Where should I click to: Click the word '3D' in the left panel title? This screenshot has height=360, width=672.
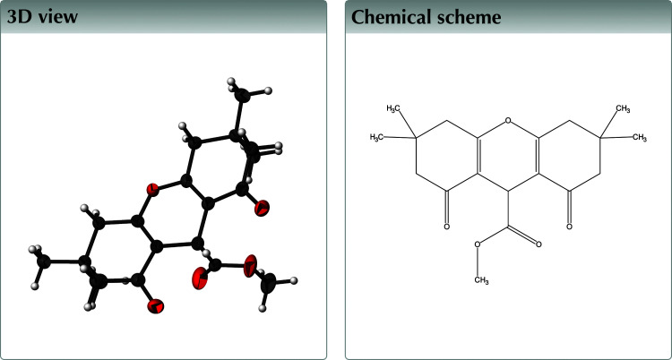coord(22,17)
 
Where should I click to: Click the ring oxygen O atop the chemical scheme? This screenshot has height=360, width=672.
coord(508,119)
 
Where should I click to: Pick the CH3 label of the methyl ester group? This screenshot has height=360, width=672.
coord(480,281)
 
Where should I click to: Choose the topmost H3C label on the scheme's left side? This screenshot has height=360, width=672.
coord(394,108)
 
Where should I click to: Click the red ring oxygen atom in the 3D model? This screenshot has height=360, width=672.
coord(152,189)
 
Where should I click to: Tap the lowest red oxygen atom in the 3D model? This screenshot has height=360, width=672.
coord(155,307)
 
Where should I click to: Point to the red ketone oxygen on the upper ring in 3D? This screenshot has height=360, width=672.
coord(262,210)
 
